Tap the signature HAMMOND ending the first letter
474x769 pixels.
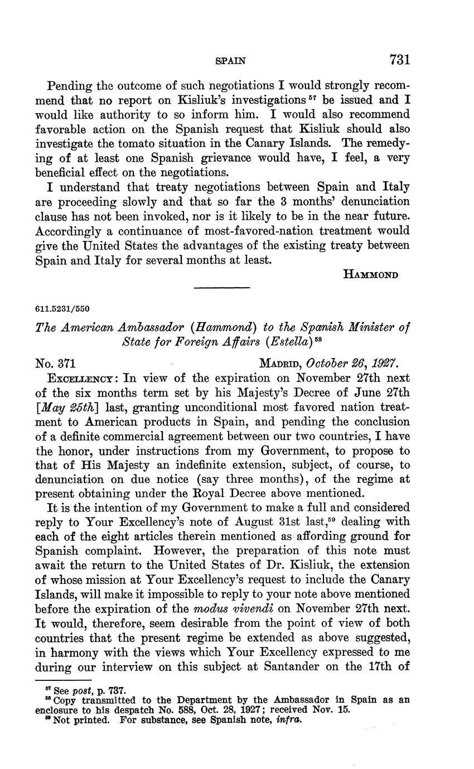click(x=369, y=274)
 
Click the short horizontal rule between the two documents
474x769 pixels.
click(x=221, y=288)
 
